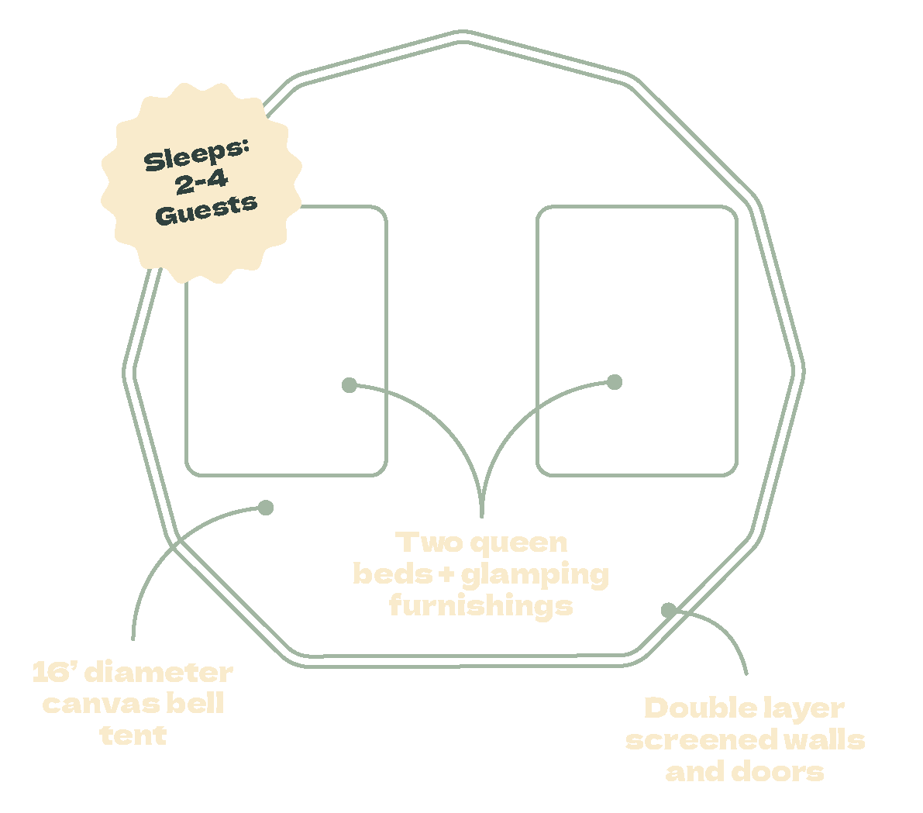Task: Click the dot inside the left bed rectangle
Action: coord(350,385)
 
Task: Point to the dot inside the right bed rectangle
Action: coord(615,381)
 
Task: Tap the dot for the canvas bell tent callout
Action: coord(266,508)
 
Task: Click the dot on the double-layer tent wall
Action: coord(667,610)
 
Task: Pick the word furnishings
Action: coord(480,605)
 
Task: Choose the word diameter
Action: coord(158,672)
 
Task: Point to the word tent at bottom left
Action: coord(133,735)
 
